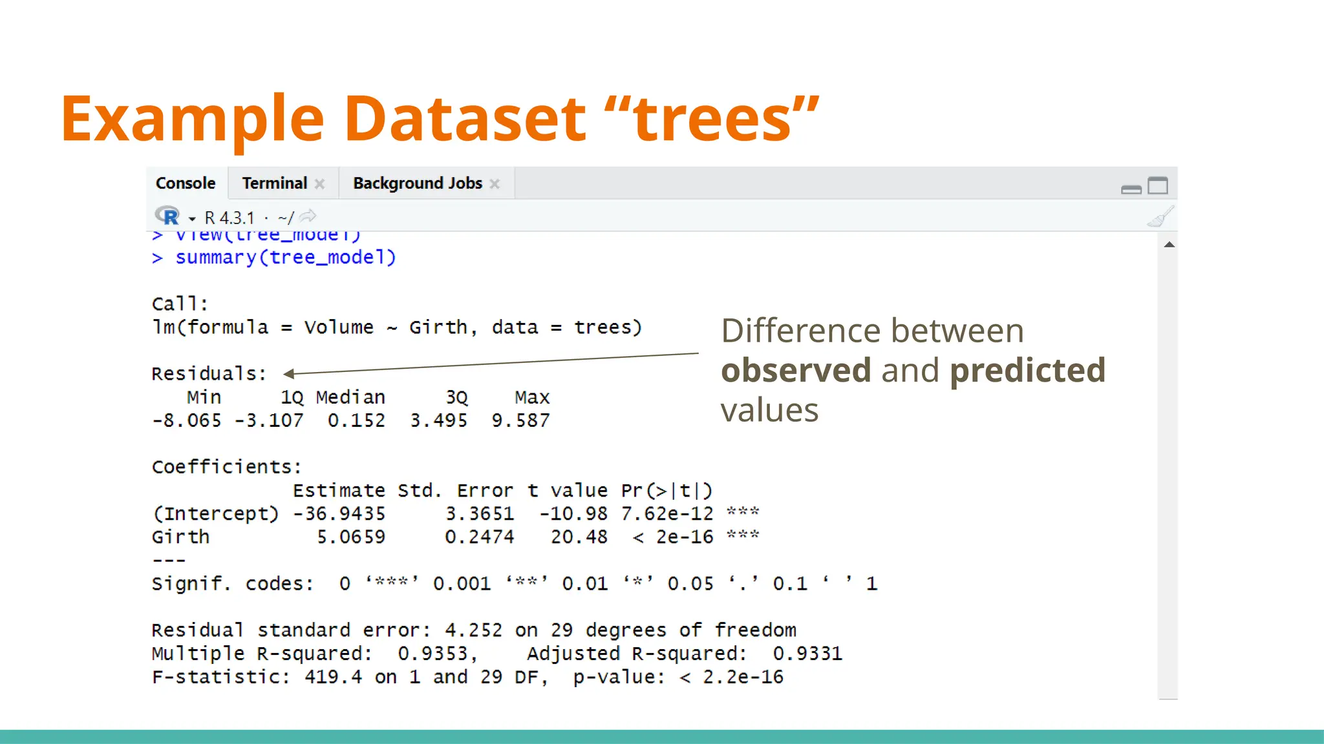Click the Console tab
tap(186, 183)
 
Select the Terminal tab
tap(275, 183)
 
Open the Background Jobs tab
tap(418, 183)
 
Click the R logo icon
tap(167, 216)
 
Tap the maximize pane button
tap(1157, 186)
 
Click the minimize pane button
tap(1131, 189)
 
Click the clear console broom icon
tap(1160, 217)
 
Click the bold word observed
tap(796, 371)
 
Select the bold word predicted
tap(1027, 371)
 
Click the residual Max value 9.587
tap(520, 420)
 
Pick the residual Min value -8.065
tap(187, 420)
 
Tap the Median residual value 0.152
tap(356, 420)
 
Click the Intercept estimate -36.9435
tap(339, 514)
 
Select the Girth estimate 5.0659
tap(351, 537)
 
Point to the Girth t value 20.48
tap(579, 537)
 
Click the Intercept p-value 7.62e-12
tap(667, 514)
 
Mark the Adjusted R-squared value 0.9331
tap(807, 654)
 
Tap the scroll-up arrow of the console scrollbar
tap(1169, 245)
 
